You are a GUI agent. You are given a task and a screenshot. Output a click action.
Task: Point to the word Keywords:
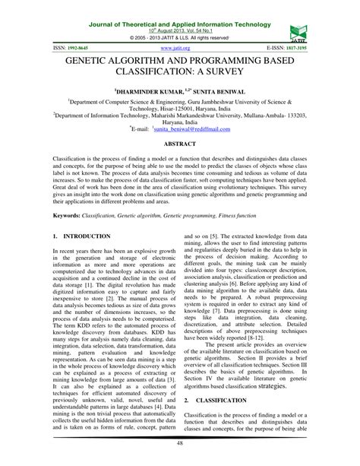click(47, 217)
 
